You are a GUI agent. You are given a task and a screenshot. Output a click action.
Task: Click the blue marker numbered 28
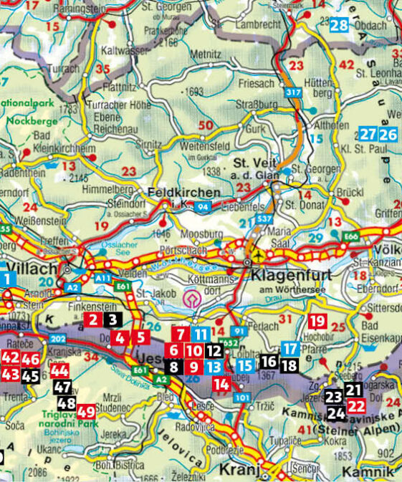pyautogui.click(x=339, y=26)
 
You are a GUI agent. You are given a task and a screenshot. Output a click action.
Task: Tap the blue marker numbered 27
pyautogui.click(x=368, y=134)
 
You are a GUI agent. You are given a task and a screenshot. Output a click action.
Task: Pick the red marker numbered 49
pyautogui.click(x=87, y=411)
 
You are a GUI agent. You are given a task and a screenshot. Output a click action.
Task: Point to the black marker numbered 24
pyautogui.click(x=335, y=413)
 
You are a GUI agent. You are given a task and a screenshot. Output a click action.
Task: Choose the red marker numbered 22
pyautogui.click(x=355, y=405)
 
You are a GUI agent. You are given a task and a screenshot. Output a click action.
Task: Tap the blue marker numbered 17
pyautogui.click(x=289, y=349)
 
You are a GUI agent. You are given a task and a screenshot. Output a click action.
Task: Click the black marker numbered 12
pyautogui.click(x=214, y=351)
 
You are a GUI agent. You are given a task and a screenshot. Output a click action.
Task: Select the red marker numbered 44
pyautogui.click(x=60, y=370)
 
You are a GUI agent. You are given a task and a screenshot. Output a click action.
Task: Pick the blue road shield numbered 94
pyautogui.click(x=202, y=207)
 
